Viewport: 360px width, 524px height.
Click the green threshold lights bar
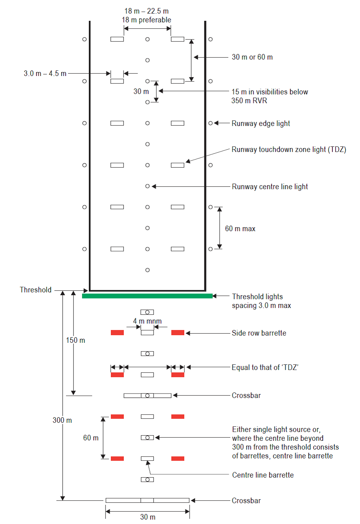click(x=147, y=296)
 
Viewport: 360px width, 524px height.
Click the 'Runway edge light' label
click(x=261, y=124)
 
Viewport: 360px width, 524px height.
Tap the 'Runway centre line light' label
click(x=270, y=187)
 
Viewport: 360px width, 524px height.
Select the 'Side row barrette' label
click(x=259, y=333)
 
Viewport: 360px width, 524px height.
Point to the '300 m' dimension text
click(x=62, y=420)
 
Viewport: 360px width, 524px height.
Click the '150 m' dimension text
click(x=76, y=340)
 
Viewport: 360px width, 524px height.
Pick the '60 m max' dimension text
click(x=240, y=229)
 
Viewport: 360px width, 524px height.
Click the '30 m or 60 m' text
click(x=252, y=57)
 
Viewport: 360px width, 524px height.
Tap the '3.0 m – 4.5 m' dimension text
click(x=45, y=74)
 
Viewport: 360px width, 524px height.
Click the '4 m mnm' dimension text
click(x=147, y=320)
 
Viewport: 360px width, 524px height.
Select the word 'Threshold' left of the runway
click(x=36, y=290)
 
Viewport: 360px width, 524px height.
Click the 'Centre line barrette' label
click(x=263, y=475)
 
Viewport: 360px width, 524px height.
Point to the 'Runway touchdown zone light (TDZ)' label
click(x=289, y=150)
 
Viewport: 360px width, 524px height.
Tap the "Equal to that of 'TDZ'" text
click(x=266, y=367)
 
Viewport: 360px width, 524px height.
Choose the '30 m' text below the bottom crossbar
click(x=148, y=517)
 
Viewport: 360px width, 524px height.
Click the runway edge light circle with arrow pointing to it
click(x=211, y=123)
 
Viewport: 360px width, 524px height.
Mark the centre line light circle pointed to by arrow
click(x=148, y=186)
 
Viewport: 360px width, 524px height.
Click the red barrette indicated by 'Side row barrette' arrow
click(x=178, y=333)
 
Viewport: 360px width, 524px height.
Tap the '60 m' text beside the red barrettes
click(x=90, y=438)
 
